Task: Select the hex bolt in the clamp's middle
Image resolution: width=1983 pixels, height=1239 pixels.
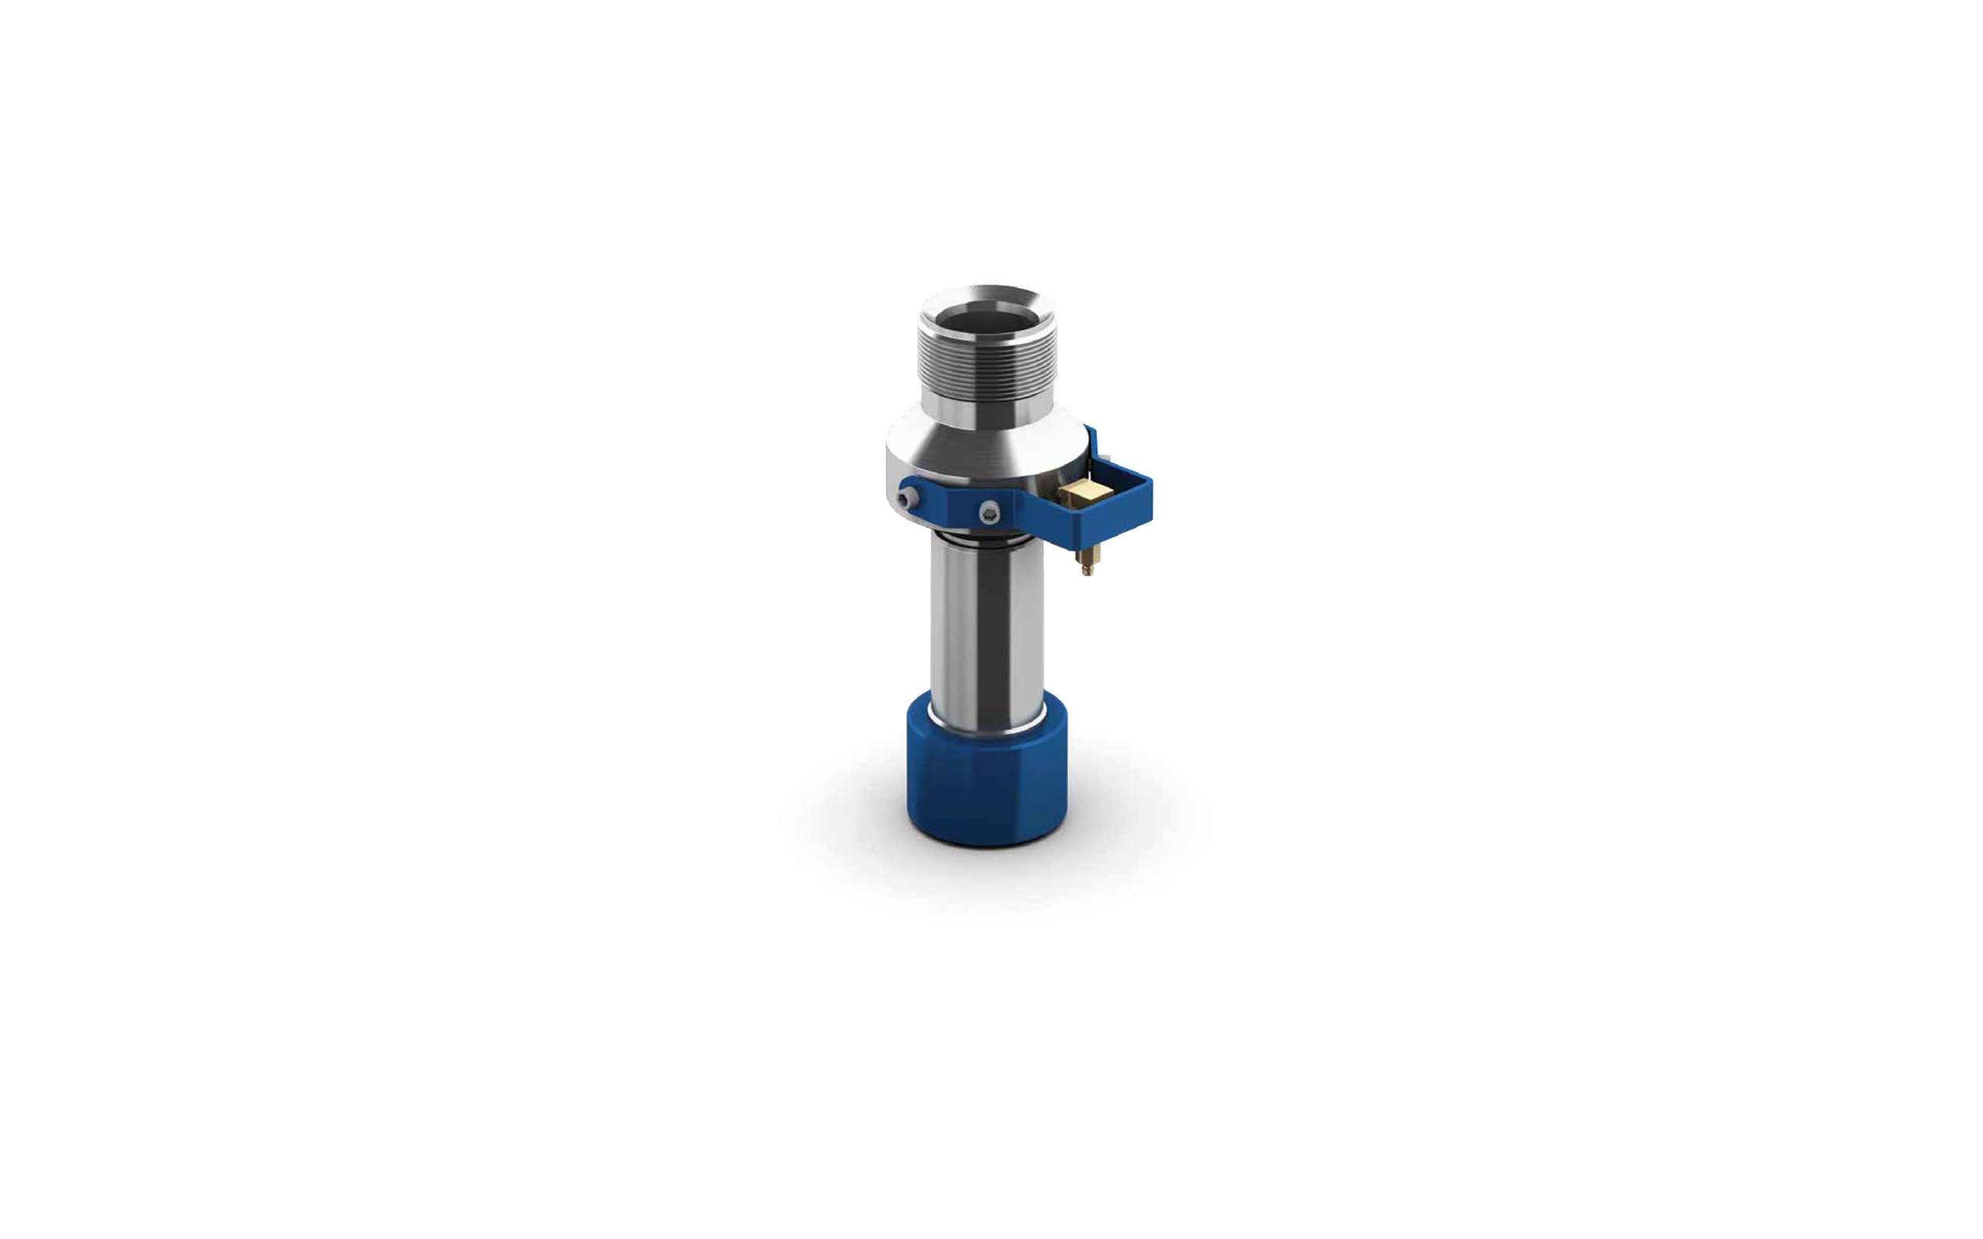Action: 990,512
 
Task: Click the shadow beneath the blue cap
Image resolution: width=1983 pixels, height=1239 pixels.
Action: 987,869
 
